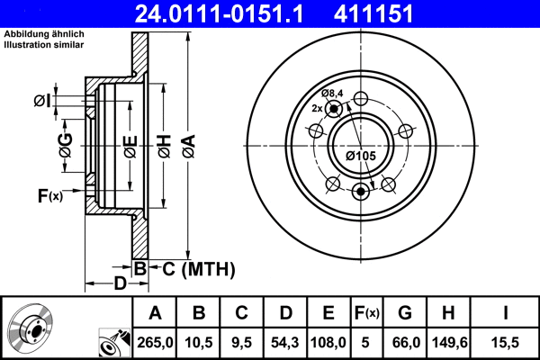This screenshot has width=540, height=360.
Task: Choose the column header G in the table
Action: point(405,312)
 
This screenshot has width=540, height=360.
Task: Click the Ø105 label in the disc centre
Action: point(361,156)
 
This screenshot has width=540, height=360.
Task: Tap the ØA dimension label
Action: point(187,144)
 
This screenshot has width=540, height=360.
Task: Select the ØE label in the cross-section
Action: point(130,144)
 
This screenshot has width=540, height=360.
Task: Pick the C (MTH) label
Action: point(193,268)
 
